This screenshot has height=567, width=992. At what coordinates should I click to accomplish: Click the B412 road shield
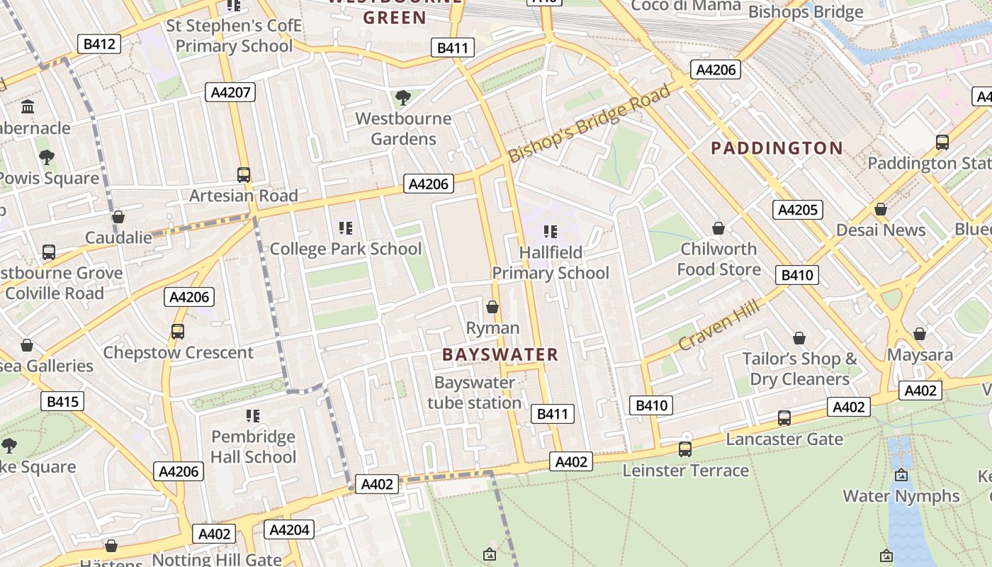click(x=99, y=44)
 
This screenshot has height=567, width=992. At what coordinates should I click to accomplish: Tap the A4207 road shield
click(x=230, y=91)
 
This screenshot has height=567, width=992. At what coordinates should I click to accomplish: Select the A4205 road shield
click(x=798, y=209)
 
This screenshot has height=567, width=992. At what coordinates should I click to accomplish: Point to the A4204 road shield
click(x=289, y=529)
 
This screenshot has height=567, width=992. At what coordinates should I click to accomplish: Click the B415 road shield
click(x=62, y=402)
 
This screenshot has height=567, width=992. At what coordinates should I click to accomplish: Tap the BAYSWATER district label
click(x=500, y=354)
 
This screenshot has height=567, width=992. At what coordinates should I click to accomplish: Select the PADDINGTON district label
click(x=777, y=148)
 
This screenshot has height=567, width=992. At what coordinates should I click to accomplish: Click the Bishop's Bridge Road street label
click(x=589, y=124)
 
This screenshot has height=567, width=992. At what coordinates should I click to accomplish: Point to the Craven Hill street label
click(x=718, y=325)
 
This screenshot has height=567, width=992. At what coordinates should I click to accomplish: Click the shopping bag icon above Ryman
click(x=492, y=307)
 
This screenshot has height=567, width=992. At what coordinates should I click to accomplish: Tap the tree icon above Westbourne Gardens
click(x=403, y=97)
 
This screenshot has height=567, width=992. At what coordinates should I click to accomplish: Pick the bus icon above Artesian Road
click(x=244, y=174)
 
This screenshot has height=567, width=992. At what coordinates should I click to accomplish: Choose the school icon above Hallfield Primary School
click(x=550, y=231)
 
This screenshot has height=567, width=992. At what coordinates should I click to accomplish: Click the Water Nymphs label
click(x=901, y=496)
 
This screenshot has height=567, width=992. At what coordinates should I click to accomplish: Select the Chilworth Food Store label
click(x=718, y=259)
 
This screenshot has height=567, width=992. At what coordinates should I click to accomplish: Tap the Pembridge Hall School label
click(x=253, y=447)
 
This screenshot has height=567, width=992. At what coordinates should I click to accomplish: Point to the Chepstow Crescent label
click(x=178, y=352)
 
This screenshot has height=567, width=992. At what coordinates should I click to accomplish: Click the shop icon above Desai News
click(x=881, y=209)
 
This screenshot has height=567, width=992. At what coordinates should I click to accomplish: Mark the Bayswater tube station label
click(x=475, y=393)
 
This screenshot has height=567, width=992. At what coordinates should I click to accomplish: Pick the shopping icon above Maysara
click(x=920, y=333)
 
